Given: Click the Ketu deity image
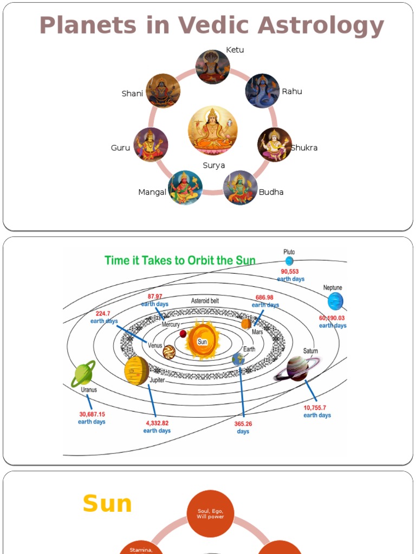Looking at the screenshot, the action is pos(212,67).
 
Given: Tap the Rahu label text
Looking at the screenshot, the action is pos(292,91).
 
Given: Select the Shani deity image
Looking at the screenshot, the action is pos(162,91).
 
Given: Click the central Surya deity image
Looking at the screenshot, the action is pos(213,130).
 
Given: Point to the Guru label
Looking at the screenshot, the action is pos(120,148).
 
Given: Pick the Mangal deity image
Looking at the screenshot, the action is pos(185,187).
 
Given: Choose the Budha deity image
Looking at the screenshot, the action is pos(240,188).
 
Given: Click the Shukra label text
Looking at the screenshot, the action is pos(304,148).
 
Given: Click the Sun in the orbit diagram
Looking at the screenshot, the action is pos(202,340).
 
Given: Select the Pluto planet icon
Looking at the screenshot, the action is pos(289,261).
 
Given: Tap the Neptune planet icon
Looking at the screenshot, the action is pos(335,301).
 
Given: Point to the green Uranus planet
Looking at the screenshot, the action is pos(83,374).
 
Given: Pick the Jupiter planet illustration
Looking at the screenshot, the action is pos(136,371).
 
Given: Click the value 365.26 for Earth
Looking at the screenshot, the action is pos(243,424).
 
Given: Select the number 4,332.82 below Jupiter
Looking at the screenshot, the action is pos(157,423).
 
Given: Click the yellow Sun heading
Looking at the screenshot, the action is pos(107,504).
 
